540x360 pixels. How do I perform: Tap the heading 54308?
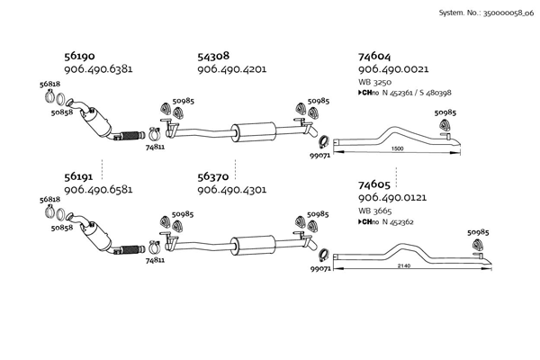pyautogui.click(x=214, y=56)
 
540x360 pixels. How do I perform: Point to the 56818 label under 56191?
pyautogui.click(x=50, y=202)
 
